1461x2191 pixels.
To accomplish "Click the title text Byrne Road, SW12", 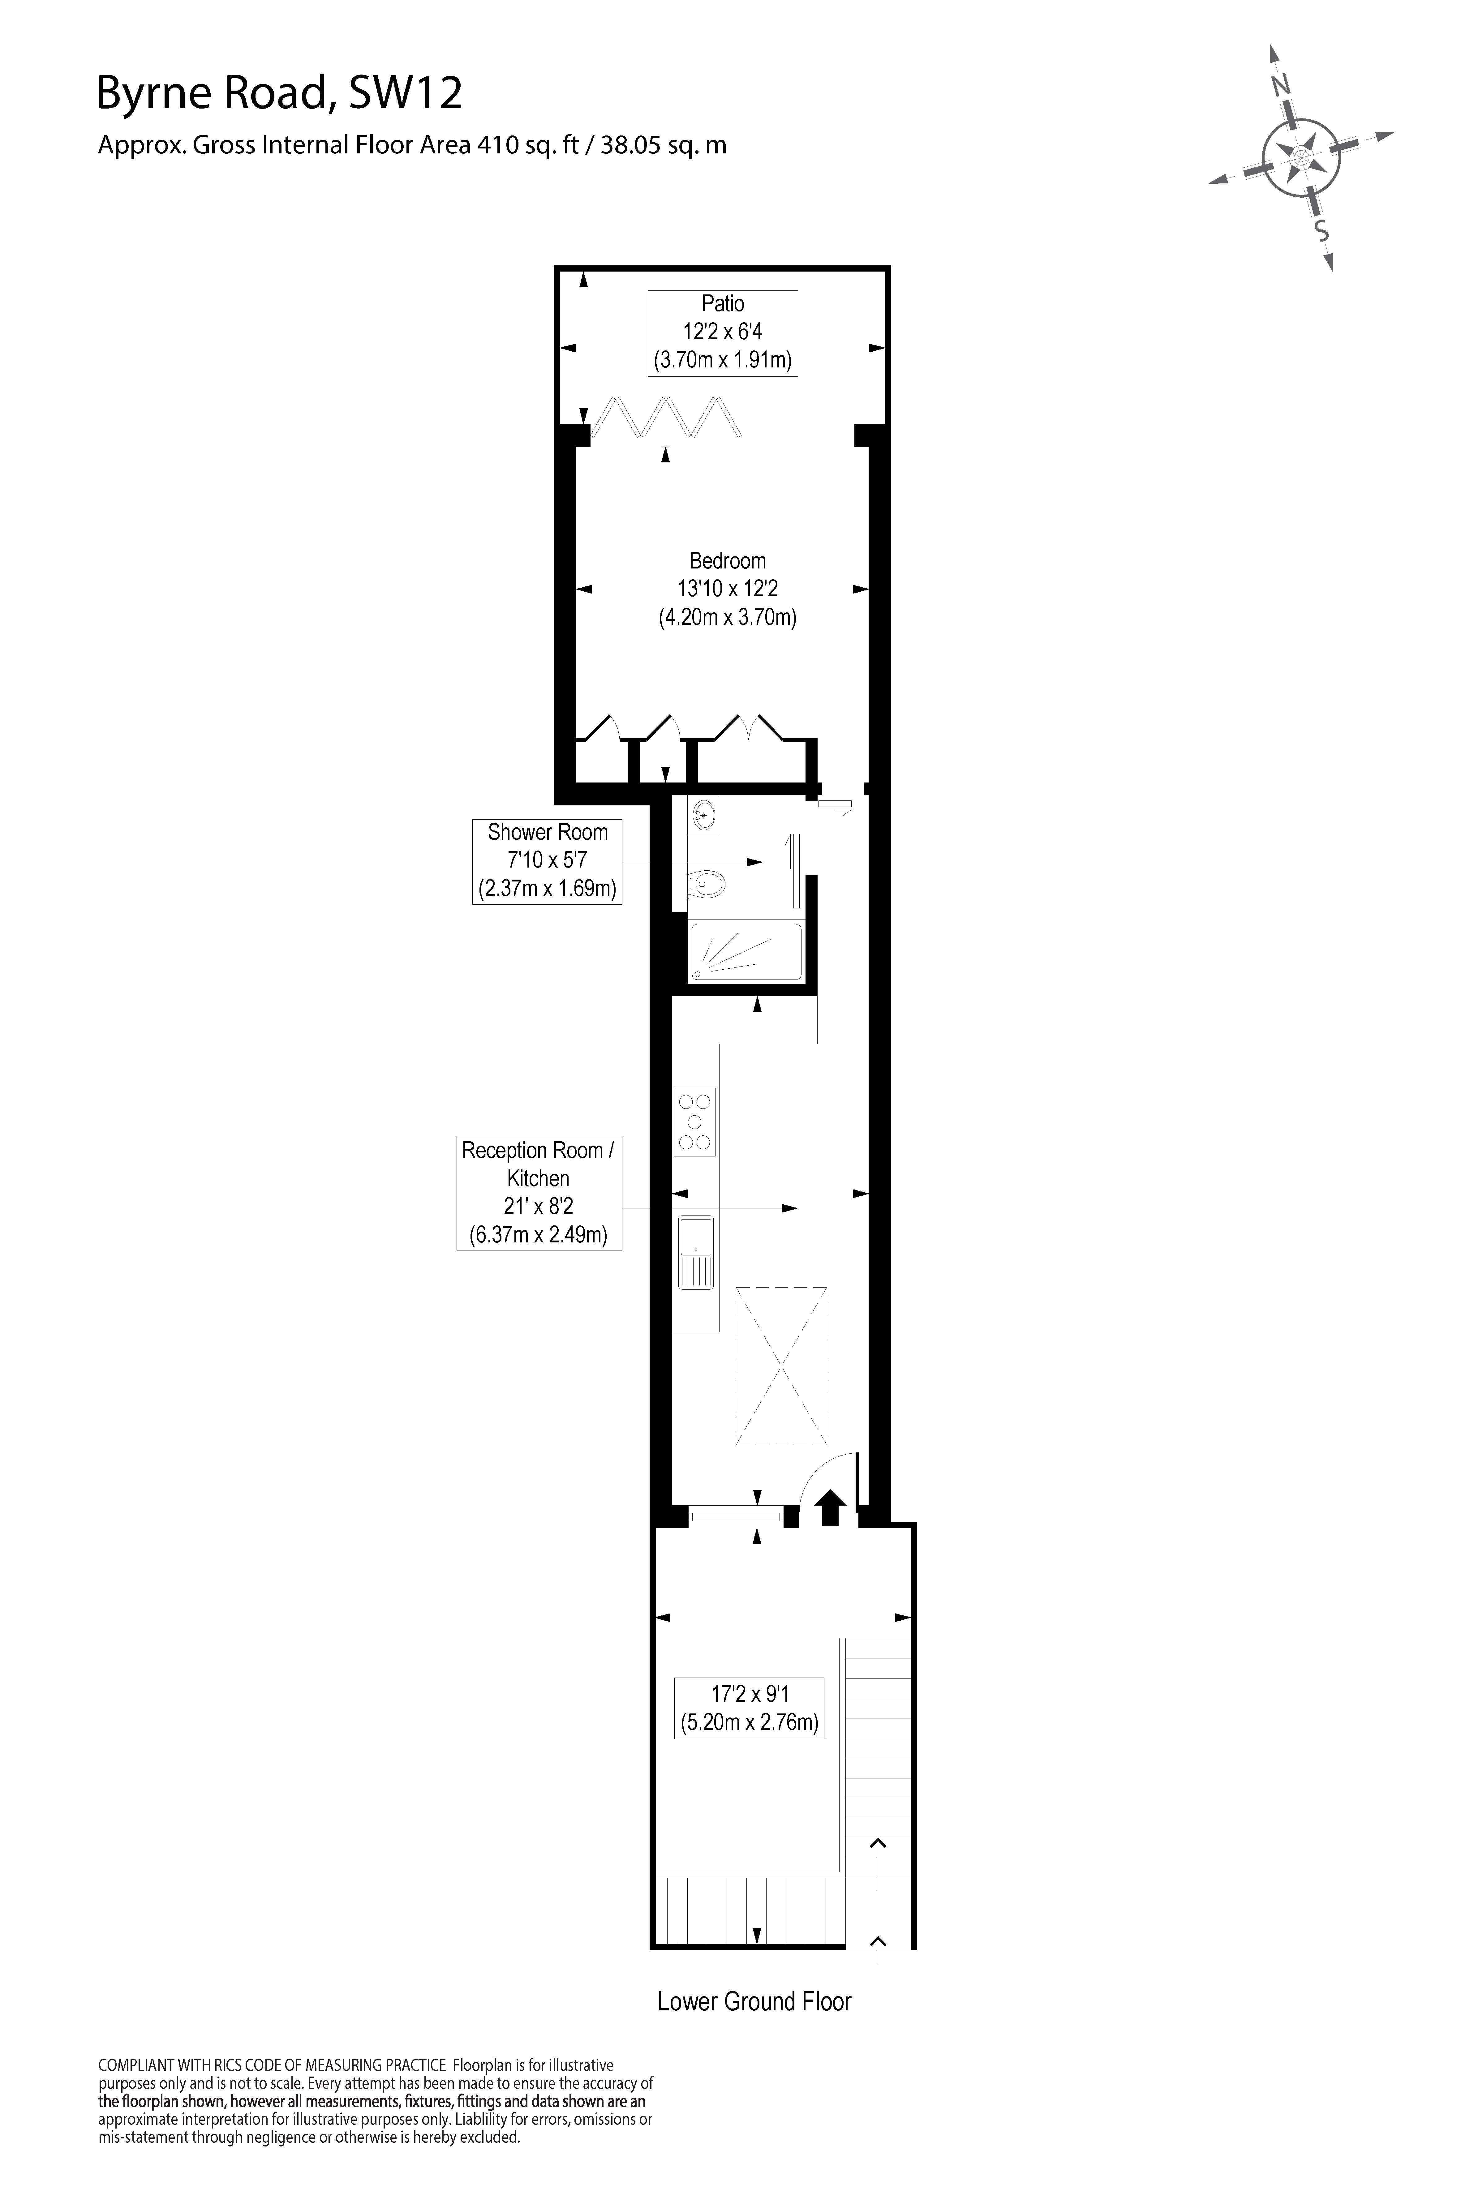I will pos(280,94).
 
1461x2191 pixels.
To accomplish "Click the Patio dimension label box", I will pos(723,332).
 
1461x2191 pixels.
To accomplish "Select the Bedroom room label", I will pos(728,561).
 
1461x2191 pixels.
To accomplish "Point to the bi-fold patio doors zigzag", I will pos(667,416).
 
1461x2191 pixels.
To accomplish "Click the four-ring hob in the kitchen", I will pos(695,1121).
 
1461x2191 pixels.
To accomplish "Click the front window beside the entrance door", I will pos(735,1517).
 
